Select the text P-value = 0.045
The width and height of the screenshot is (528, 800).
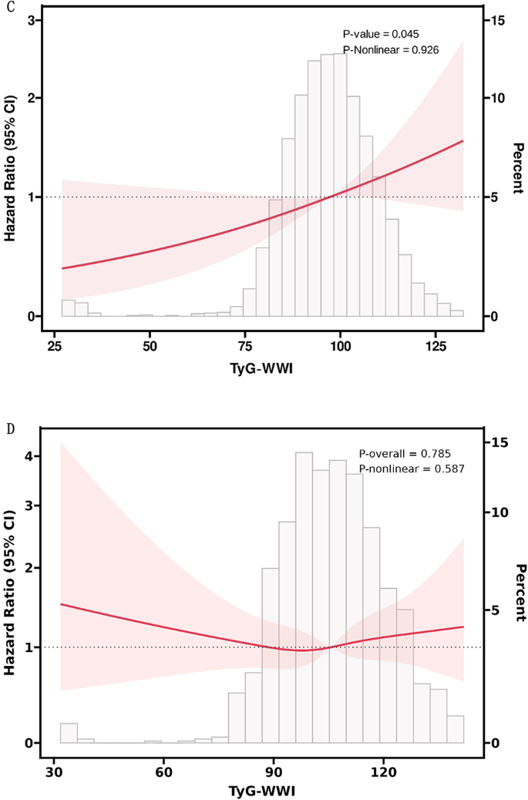(381, 35)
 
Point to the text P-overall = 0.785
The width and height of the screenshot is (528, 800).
(405, 454)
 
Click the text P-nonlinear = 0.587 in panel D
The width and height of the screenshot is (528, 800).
(411, 469)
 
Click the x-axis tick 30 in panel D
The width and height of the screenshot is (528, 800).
(54, 770)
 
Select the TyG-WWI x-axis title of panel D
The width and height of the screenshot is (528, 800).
(263, 790)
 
